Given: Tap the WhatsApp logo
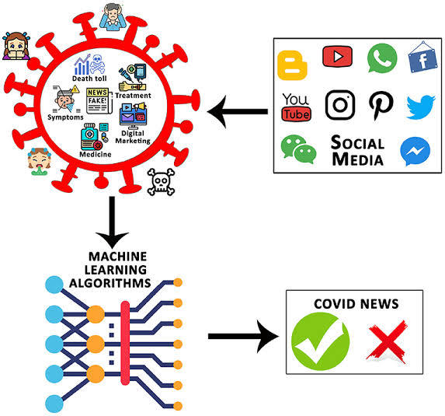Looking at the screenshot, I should click(382, 58).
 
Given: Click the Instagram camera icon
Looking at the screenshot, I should click(339, 105).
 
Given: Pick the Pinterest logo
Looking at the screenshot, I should click(381, 105).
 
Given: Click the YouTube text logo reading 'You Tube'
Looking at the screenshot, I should click(296, 107).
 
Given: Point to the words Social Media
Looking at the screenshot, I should click(357, 151).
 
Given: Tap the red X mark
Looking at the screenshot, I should click(388, 341).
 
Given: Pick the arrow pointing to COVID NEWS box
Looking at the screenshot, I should click(243, 337).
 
